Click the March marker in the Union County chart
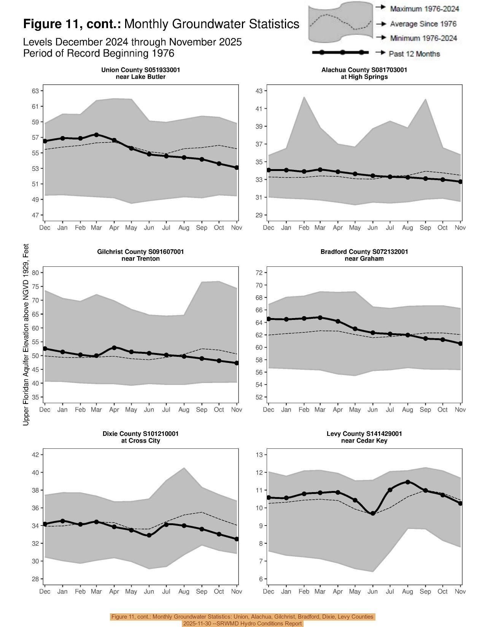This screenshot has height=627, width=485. tap(96, 135)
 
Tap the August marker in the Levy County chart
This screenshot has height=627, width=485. tap(408, 482)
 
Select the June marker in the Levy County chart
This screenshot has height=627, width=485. tap(373, 513)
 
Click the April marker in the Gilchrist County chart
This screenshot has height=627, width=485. tap(114, 348)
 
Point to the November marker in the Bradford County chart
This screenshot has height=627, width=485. tap(460, 344)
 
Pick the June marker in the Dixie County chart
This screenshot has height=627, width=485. tap(149, 535)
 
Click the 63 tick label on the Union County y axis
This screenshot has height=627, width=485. tap(35, 91)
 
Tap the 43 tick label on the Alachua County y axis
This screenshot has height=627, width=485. tap(259, 91)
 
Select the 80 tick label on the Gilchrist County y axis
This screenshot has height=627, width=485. tap(35, 272)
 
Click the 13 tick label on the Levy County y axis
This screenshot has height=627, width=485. tap(259, 454)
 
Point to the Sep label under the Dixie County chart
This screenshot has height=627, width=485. tap(202, 592)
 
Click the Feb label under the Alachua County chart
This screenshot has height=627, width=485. tap(304, 228)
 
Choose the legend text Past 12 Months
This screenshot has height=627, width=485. tap(414, 54)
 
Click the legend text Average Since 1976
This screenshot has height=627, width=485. tap(423, 24)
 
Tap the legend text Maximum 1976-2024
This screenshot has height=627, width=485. tap(425, 9)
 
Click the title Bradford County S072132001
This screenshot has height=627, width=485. tap(364, 252)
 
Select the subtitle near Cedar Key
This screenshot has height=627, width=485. tap(364, 440)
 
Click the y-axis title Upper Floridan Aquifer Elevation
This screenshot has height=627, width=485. tap(26, 334)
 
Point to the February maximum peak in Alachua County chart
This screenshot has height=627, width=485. tap(304, 97)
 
